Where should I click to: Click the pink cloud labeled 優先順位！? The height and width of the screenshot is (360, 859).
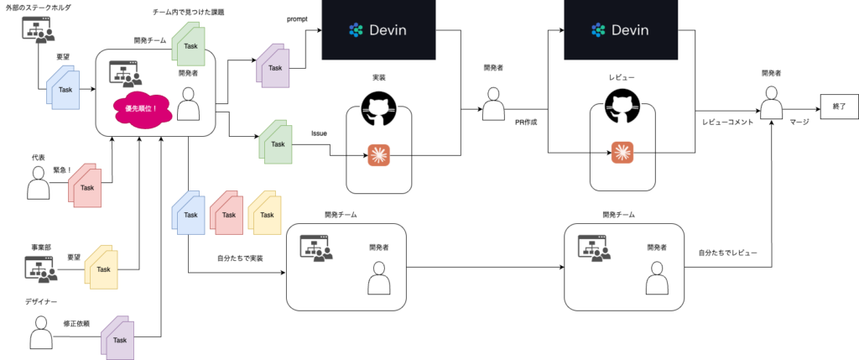click(x=140, y=108)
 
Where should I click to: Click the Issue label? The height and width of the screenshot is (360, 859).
click(x=319, y=133)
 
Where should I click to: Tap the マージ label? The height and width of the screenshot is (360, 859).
click(x=799, y=123)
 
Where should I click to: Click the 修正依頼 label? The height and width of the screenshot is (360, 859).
click(x=76, y=323)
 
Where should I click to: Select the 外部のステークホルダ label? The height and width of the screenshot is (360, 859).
click(x=39, y=8)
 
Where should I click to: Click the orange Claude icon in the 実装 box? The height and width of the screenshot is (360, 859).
click(x=377, y=154)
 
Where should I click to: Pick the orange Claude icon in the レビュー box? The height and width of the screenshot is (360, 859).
click(x=622, y=152)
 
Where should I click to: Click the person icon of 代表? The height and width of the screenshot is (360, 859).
click(x=39, y=183)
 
